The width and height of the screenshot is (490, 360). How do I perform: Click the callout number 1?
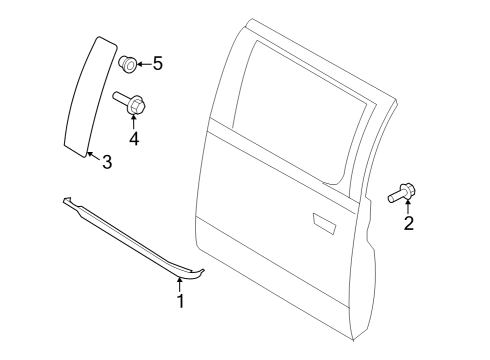point(180,300)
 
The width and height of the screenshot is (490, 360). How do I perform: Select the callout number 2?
point(408,223)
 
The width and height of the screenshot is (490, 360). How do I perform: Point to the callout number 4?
point(134,137)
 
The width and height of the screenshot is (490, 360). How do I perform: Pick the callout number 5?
point(157,64)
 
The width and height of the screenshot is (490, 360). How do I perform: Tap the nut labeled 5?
point(126,64)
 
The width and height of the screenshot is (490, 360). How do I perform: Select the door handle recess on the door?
point(323,221)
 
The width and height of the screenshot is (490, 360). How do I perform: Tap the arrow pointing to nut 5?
point(142,64)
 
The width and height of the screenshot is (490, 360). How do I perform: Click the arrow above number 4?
point(134,119)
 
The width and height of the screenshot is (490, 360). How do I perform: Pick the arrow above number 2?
point(408,205)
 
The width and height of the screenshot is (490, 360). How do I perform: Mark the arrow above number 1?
point(180,283)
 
